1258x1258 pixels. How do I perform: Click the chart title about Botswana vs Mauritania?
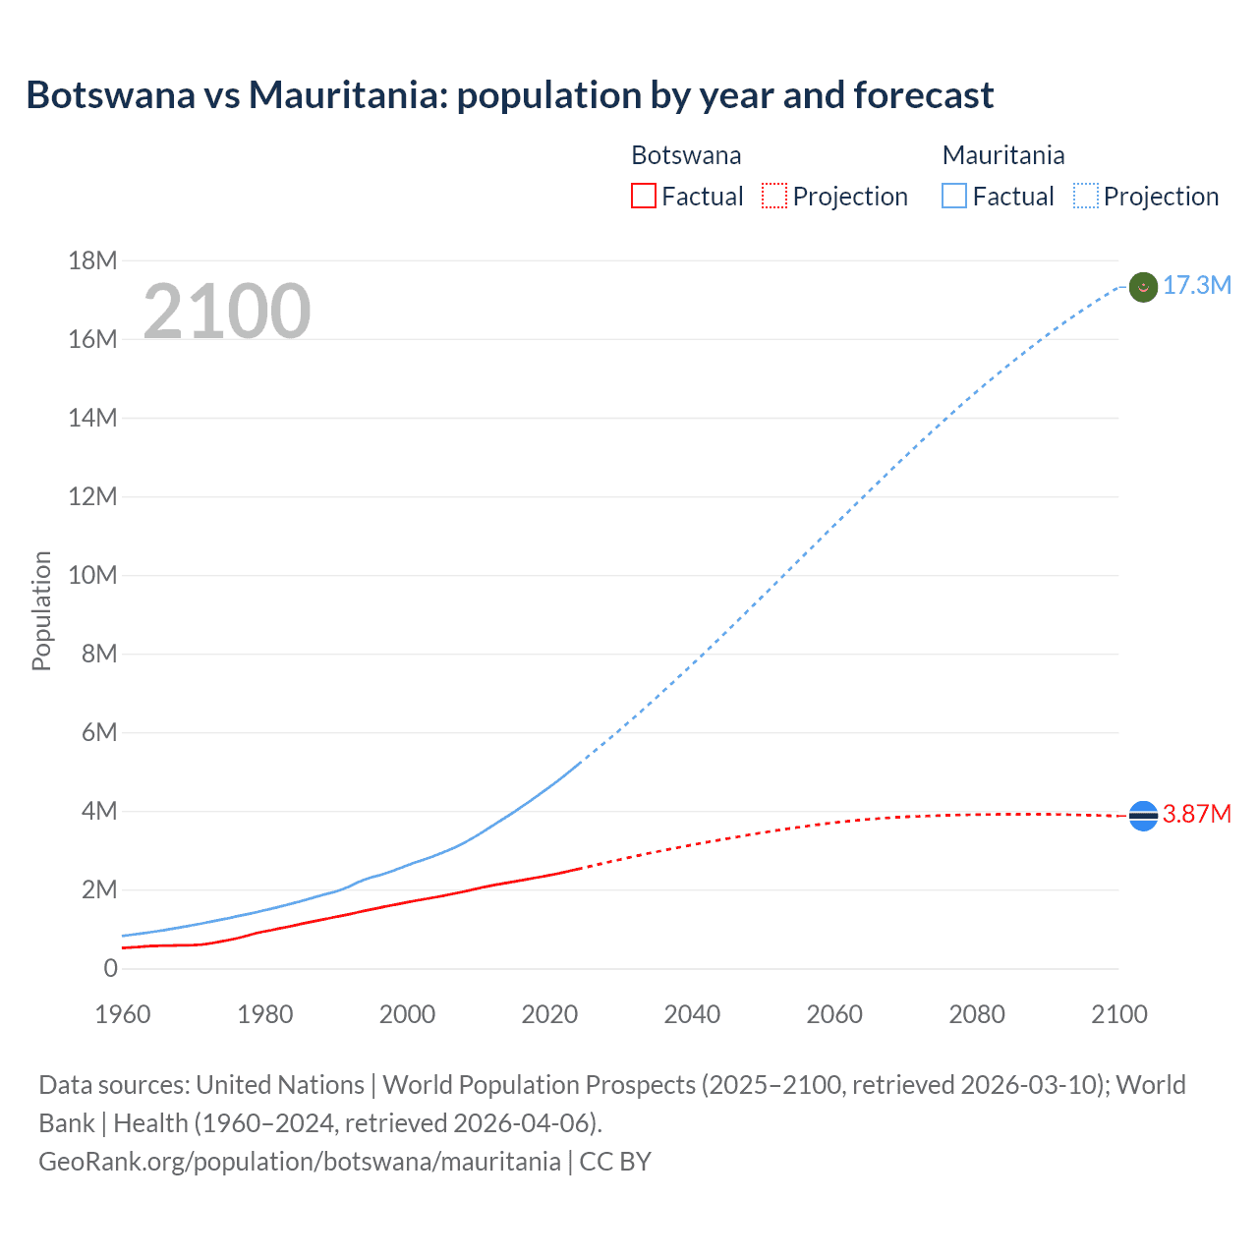click(x=509, y=95)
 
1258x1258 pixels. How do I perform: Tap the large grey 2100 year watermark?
click(x=227, y=312)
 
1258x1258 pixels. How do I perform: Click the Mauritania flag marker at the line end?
click(x=1143, y=287)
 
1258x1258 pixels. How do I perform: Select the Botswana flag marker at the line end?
click(x=1143, y=815)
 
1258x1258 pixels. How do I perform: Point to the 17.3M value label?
click(x=1196, y=286)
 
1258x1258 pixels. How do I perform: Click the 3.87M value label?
click(x=1196, y=815)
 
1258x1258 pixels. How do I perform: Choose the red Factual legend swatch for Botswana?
click(x=643, y=197)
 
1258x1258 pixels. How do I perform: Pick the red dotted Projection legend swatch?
click(x=774, y=197)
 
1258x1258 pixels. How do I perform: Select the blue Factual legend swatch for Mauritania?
click(x=954, y=197)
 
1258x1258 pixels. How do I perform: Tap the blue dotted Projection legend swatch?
click(x=1086, y=197)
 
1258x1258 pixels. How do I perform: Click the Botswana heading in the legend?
click(x=686, y=155)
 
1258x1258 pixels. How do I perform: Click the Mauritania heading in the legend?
click(x=1003, y=155)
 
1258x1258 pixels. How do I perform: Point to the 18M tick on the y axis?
click(x=92, y=260)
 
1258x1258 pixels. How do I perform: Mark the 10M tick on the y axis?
click(x=92, y=575)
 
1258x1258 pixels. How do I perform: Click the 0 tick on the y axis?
click(x=110, y=968)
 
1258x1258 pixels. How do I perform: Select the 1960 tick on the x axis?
click(x=123, y=1014)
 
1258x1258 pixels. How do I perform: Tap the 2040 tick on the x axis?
click(x=692, y=1014)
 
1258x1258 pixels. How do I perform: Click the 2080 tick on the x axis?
click(x=977, y=1014)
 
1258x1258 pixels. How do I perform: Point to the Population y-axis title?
click(x=41, y=610)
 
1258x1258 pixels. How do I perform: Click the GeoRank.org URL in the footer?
click(x=300, y=1162)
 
